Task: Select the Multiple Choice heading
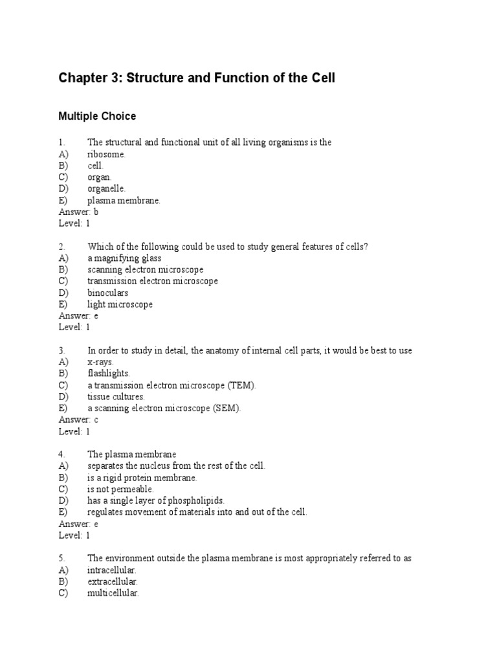click(97, 117)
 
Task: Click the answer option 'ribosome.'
click(107, 154)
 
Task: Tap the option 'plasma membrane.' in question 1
click(124, 201)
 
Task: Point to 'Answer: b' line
click(79, 212)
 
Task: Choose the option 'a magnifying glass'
click(124, 258)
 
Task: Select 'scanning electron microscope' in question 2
click(146, 269)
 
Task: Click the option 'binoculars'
click(107, 293)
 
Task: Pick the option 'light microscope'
click(120, 304)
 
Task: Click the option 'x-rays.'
click(101, 362)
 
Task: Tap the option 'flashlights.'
click(109, 374)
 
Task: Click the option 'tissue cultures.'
click(116, 396)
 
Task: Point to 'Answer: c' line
click(78, 420)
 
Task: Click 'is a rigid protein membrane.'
click(142, 478)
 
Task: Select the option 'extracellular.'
click(113, 581)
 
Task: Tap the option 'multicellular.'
click(113, 593)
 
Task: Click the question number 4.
click(61, 455)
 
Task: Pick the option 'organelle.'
click(107, 188)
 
